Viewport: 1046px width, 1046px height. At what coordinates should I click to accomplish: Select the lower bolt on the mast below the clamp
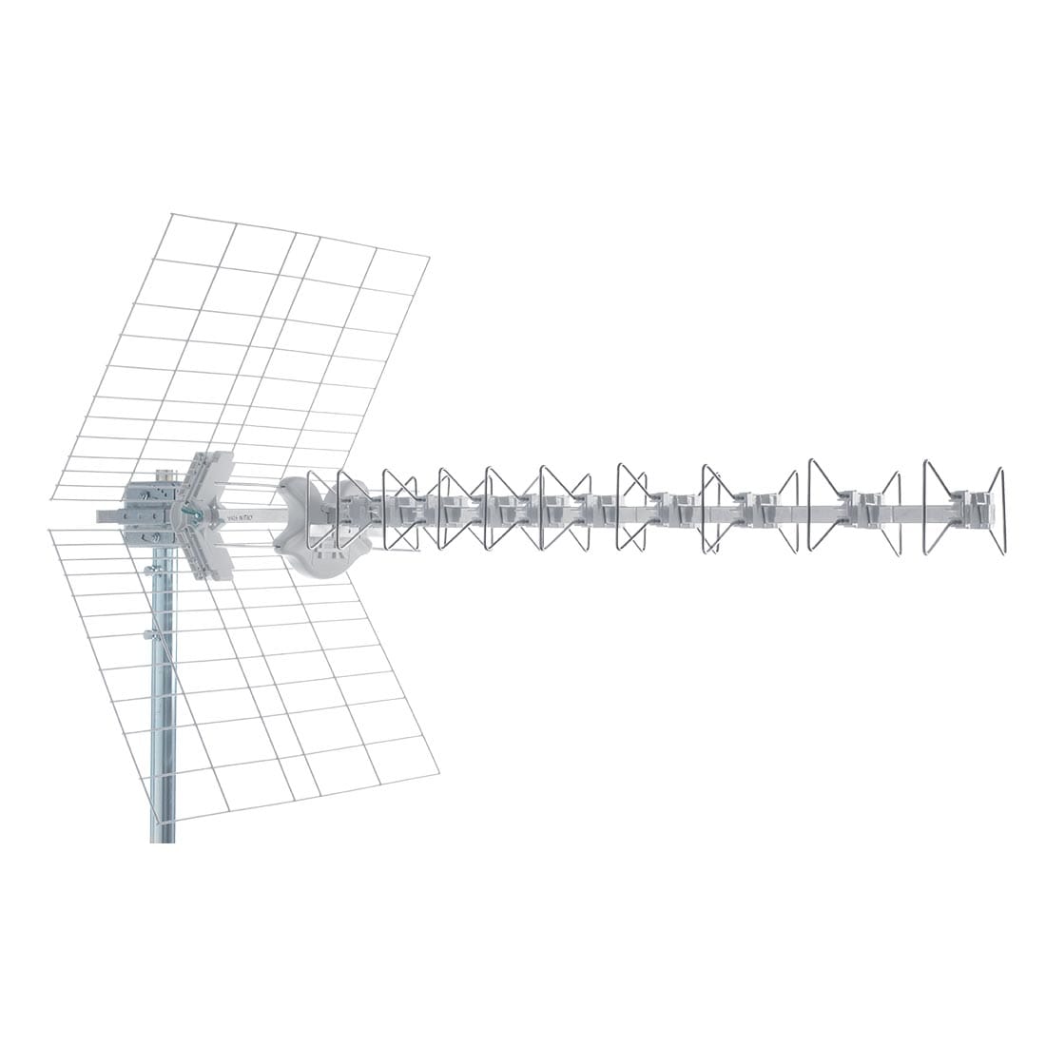click(x=146, y=634)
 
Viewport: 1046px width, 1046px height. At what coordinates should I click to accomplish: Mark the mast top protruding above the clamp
click(x=165, y=473)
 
